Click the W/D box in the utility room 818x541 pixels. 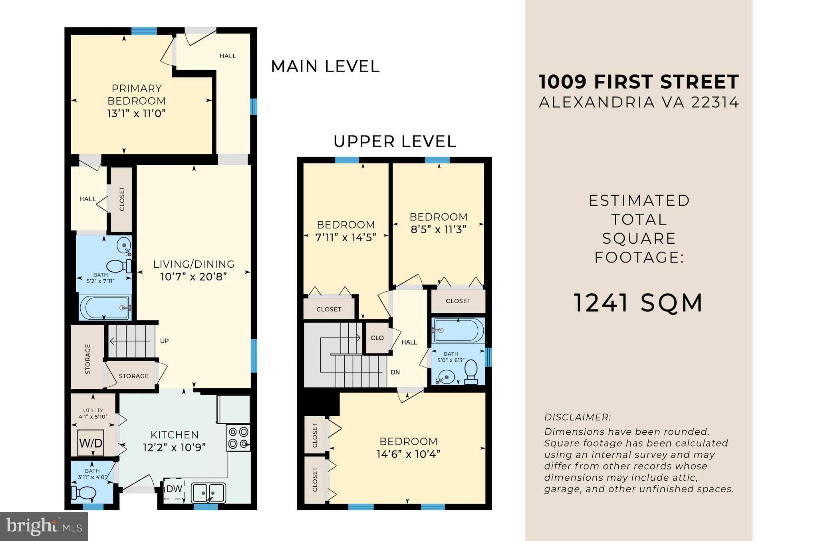(x=91, y=443)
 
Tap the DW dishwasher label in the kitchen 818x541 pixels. (x=174, y=489)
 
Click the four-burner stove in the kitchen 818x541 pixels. (x=238, y=438)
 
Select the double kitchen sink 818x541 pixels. (x=208, y=493)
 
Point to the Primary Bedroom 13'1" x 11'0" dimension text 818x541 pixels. (x=136, y=113)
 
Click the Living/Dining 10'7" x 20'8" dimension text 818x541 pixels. (x=194, y=276)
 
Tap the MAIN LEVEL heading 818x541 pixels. (x=325, y=66)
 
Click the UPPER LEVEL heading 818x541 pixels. (x=395, y=141)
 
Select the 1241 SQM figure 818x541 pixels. (x=638, y=303)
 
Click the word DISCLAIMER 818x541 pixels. (x=578, y=417)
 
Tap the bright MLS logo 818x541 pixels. (x=44, y=526)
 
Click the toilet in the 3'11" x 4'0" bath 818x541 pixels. (x=83, y=493)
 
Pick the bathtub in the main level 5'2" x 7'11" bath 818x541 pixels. (x=105, y=307)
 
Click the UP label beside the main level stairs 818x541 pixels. (x=164, y=341)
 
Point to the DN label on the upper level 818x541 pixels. (x=395, y=372)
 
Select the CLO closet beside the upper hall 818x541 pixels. (x=377, y=338)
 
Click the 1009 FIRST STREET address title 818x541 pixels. (x=639, y=82)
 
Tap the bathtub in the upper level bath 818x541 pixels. (x=458, y=330)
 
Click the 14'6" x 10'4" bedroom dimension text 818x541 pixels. (x=408, y=454)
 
